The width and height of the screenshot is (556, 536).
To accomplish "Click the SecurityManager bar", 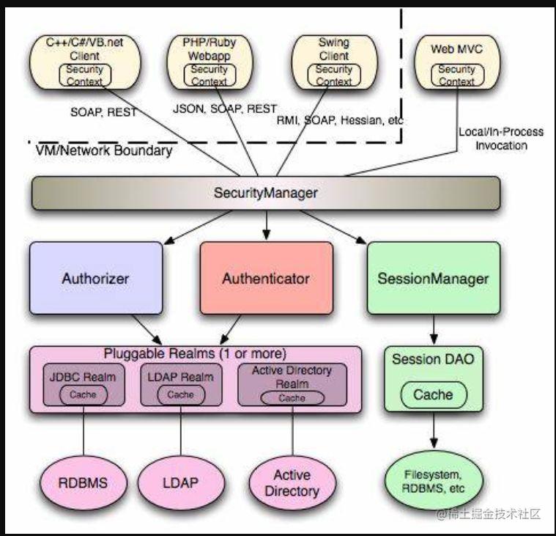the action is click(266, 193).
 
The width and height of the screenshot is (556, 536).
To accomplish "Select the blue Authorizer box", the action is click(96, 279).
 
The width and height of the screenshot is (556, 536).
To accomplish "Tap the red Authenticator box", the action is click(267, 279).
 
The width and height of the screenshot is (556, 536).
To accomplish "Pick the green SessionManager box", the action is click(434, 279).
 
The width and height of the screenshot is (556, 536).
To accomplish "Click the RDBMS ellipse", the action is click(83, 482).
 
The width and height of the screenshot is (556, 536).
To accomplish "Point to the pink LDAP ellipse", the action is click(181, 482).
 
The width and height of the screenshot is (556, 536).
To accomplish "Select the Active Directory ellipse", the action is click(292, 482).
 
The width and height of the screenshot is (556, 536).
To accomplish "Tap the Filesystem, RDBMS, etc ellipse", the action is click(434, 481).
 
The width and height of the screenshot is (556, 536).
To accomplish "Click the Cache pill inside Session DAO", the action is click(434, 394).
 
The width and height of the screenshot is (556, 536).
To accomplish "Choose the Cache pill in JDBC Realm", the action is click(84, 394).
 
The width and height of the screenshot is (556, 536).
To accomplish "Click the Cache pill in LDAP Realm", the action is click(181, 394).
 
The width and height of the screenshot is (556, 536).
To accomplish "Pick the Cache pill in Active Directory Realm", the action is click(292, 398).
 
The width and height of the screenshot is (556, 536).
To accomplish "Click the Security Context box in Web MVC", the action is click(457, 75).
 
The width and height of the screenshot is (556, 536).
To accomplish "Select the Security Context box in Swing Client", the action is click(333, 75).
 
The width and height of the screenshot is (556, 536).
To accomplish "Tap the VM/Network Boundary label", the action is click(104, 150).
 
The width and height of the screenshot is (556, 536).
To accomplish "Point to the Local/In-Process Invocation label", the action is click(501, 139).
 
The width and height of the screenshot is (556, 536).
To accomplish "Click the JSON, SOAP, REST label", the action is click(225, 109).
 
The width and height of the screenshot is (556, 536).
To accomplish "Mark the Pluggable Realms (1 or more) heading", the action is click(195, 353).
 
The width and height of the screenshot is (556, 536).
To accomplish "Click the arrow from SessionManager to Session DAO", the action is click(434, 330).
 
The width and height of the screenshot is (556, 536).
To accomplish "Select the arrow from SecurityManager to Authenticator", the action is click(267, 225).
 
